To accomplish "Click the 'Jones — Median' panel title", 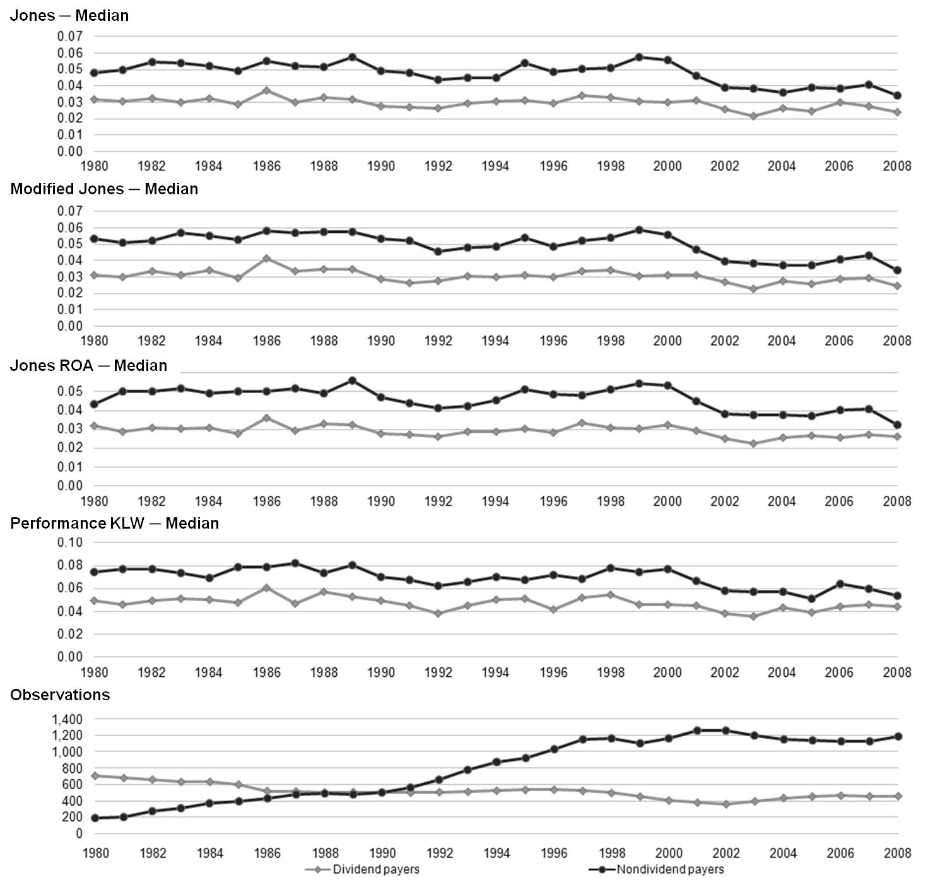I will tap(69, 16).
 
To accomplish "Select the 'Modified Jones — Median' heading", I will tap(104, 189).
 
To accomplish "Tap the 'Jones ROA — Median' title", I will tap(89, 366).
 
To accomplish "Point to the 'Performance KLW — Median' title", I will tap(115, 524).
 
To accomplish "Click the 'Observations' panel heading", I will tap(61, 695).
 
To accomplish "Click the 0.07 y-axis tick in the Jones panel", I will tap(70, 37).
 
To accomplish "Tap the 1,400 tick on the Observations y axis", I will tap(68, 720).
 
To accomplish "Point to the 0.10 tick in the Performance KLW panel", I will tap(70, 543).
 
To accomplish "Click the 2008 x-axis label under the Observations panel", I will tap(897, 854).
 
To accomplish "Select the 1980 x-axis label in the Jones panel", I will tap(95, 166).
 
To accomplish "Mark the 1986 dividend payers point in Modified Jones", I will tap(266, 259).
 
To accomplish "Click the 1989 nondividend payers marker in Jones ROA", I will tap(353, 381).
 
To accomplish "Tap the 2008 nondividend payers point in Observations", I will tap(898, 737).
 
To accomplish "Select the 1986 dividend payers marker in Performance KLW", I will tap(266, 588).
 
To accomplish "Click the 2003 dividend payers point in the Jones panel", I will tap(753, 116).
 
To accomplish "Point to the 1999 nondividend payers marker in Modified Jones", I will tap(639, 230).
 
